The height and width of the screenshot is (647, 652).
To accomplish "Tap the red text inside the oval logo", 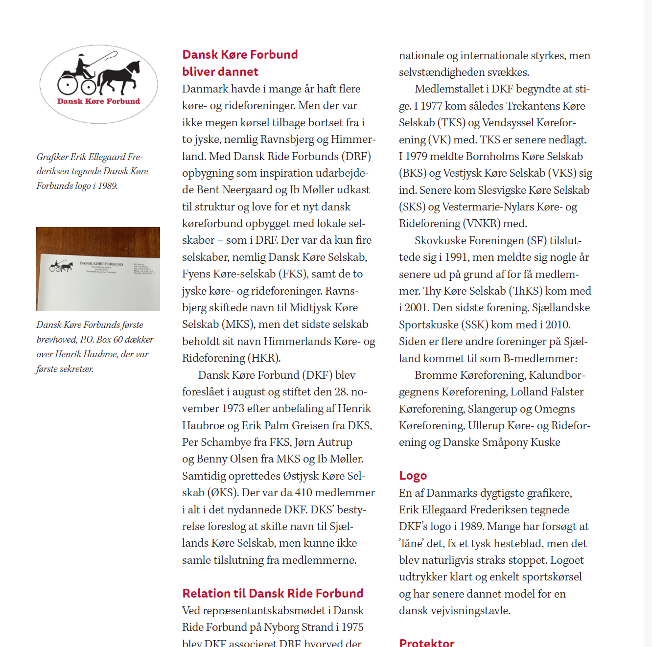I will click(98, 101).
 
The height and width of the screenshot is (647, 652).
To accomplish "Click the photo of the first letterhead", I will click(98, 269).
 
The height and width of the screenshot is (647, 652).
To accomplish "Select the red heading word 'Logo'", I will click(413, 476).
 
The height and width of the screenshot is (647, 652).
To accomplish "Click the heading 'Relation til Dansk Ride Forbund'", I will click(273, 594).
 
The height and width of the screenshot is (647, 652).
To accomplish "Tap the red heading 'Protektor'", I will click(426, 643).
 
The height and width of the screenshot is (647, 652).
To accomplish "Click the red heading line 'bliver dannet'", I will click(220, 72).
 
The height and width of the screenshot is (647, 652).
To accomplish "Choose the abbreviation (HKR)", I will click(265, 358).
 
